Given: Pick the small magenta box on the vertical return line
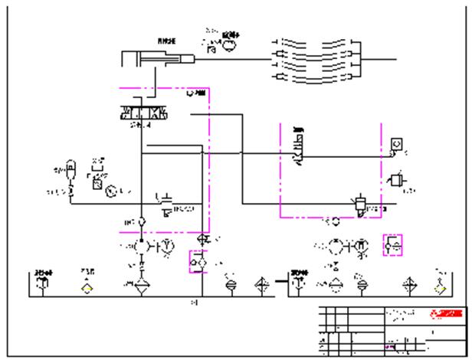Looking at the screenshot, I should point(200,261).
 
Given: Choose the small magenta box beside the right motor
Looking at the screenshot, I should point(394,246).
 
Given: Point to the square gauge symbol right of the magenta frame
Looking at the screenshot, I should point(395,143).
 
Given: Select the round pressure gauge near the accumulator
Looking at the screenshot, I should point(112,189).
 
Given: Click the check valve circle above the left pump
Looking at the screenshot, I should point(141,223).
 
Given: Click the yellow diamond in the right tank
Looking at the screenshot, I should point(440,289).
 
